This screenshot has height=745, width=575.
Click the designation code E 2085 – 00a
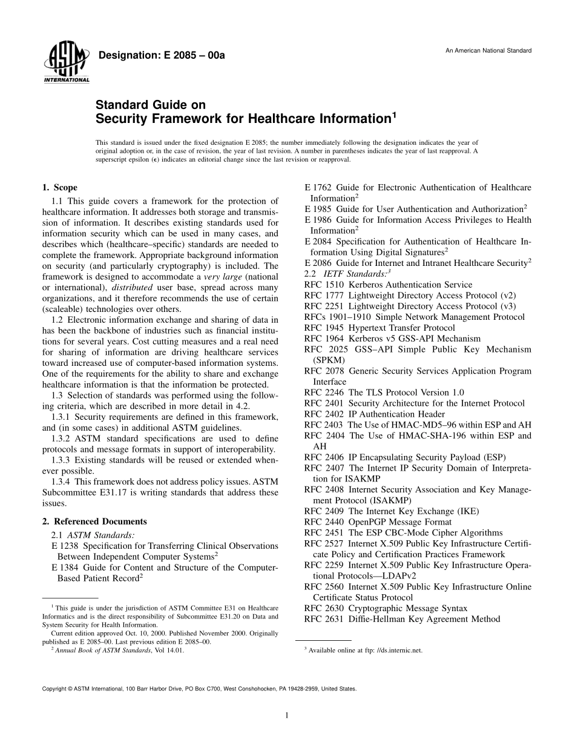click(162, 55)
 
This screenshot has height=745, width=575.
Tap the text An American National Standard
click(488, 50)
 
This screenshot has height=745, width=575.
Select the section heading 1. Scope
click(59, 188)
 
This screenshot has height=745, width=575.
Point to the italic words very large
click(222, 277)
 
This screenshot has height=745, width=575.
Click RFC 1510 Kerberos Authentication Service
click(388, 285)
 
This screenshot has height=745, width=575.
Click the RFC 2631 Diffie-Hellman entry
click(402, 619)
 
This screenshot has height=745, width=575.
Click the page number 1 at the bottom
click(287, 715)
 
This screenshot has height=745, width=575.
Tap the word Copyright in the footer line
click(54, 689)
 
